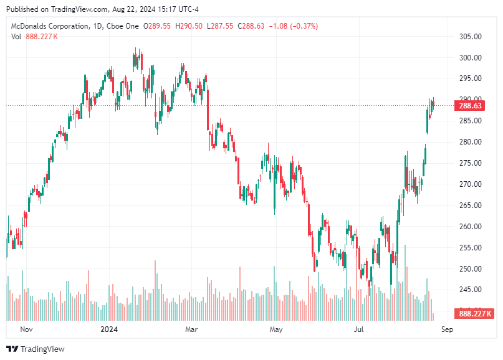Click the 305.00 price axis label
pyautogui.click(x=471, y=36)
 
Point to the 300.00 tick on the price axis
pyautogui.click(x=471, y=57)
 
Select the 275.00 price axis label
pyautogui.click(x=471, y=163)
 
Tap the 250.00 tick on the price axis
pyautogui.click(x=471, y=268)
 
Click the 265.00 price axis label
pyautogui.click(x=471, y=205)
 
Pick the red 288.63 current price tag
pyautogui.click(x=471, y=106)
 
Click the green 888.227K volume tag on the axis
pyautogui.click(x=476, y=313)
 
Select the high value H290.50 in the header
pyautogui.click(x=189, y=26)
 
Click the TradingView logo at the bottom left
pyautogui.click(x=36, y=349)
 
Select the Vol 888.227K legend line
pyautogui.click(x=35, y=36)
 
